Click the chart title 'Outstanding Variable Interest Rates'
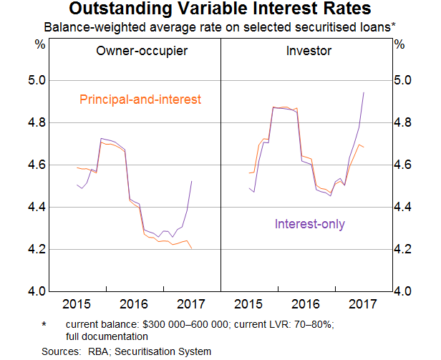220,10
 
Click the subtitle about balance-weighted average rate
220,27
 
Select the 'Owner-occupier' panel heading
142,51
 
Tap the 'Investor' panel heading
304,51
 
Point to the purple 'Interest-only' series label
310,224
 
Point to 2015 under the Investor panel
248,303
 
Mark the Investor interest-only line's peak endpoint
364,92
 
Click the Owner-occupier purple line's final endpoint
192,181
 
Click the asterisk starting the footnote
44,324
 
